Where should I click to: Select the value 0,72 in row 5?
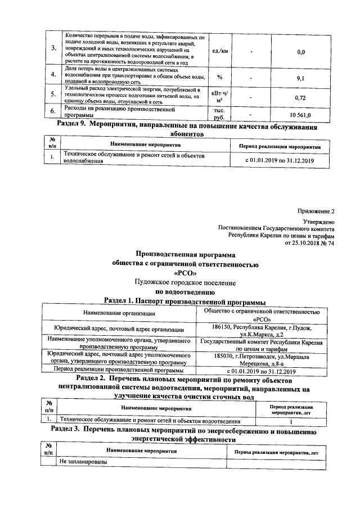point(300,97)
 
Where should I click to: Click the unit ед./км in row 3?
point(219,52)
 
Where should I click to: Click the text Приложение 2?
point(316,211)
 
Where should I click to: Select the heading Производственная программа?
point(185,254)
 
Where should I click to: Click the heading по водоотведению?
point(185,292)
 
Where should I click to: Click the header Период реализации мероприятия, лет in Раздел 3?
point(275,451)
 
